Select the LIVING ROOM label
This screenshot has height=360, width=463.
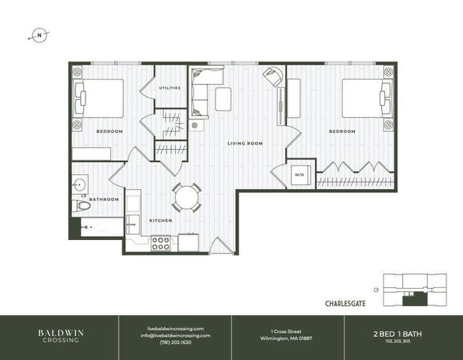click(x=245, y=142)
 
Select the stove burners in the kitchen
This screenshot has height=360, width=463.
click(x=161, y=243)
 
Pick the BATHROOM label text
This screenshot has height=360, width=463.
click(x=105, y=199)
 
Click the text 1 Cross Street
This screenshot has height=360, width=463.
click(x=287, y=328)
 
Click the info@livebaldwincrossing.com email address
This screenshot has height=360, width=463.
click(x=175, y=335)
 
